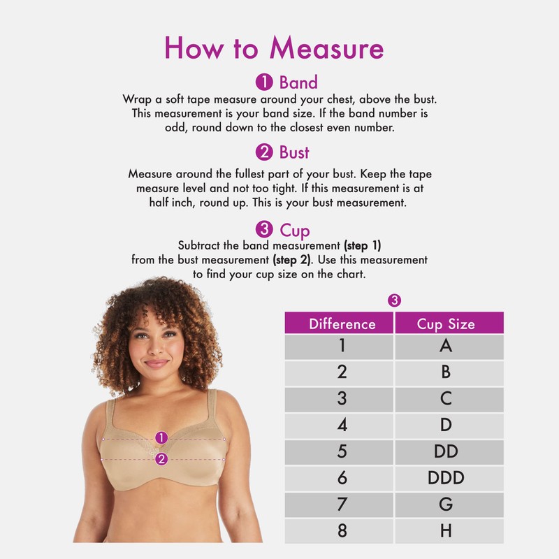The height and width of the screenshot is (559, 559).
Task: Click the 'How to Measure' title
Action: (274, 48)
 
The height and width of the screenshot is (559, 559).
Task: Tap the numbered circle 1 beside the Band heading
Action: (264, 82)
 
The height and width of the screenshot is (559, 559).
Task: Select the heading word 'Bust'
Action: (294, 152)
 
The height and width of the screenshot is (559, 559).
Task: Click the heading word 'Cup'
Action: (295, 230)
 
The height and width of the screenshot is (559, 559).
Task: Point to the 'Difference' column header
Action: (342, 324)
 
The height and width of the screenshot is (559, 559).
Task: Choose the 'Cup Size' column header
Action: (446, 324)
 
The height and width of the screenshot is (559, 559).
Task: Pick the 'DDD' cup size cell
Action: (446, 478)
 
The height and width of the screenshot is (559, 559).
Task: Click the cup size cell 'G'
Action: (446, 504)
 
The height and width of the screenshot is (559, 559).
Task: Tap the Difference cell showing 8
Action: (342, 530)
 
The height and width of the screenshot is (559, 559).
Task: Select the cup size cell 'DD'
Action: (446, 451)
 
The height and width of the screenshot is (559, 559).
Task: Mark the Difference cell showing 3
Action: (342, 399)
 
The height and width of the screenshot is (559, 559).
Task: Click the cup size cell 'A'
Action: (446, 346)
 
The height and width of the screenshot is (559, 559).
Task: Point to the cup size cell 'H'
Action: (446, 530)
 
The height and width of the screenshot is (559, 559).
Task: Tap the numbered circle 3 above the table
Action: (394, 300)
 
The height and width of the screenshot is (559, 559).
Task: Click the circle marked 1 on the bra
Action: (161, 437)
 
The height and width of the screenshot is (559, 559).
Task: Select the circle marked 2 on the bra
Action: (161, 459)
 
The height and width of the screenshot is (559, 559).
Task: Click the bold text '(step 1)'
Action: (362, 246)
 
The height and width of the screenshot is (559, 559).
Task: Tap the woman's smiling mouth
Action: (156, 363)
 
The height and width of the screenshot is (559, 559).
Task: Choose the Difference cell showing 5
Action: (342, 451)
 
